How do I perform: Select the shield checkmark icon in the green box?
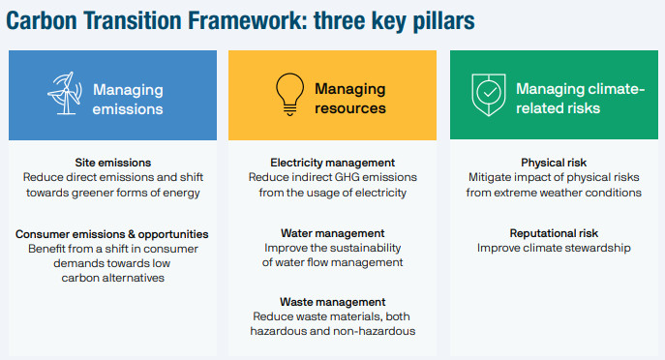click(487, 97)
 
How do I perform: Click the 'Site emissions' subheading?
click(112, 163)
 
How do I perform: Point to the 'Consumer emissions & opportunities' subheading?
click(112, 233)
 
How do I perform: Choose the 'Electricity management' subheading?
click(333, 163)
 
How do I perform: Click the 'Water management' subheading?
click(333, 233)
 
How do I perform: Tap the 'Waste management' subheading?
click(333, 302)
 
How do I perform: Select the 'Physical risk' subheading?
click(553, 163)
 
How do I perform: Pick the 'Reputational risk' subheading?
click(553, 233)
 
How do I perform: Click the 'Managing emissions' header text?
click(129, 99)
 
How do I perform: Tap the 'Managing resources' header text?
click(349, 99)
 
